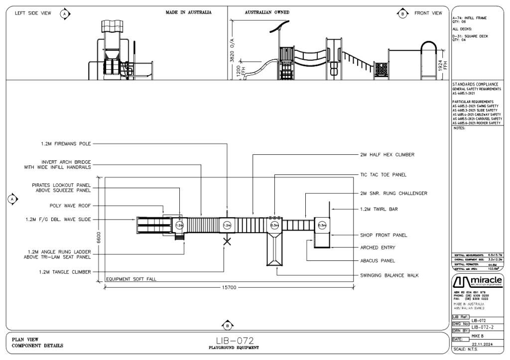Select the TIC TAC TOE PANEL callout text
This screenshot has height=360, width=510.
383,175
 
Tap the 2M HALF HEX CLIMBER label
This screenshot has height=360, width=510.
387,155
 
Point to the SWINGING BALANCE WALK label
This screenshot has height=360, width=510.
391,275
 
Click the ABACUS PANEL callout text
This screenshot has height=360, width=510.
378,260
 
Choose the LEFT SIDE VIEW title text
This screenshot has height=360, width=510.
33,13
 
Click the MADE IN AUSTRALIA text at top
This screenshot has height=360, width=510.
188,12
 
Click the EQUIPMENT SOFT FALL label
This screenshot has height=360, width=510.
131,279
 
